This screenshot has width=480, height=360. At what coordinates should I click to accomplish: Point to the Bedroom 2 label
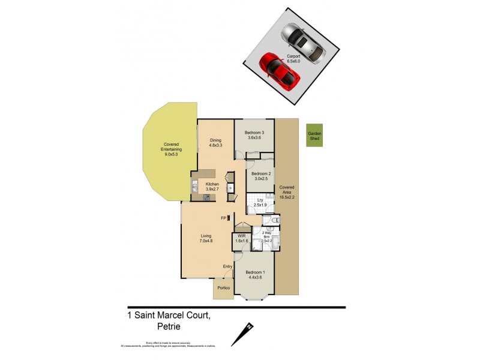[262, 173]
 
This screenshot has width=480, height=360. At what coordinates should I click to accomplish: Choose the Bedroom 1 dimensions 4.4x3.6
[256, 277]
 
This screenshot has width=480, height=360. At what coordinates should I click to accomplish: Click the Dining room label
[216, 140]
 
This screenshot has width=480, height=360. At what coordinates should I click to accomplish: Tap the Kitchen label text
[212, 184]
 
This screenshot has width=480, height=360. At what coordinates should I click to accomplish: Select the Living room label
[206, 236]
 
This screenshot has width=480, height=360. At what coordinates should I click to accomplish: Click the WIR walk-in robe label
[242, 237]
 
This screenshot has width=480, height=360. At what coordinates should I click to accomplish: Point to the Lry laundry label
[260, 199]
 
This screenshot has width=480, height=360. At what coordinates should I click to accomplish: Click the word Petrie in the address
[170, 327]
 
